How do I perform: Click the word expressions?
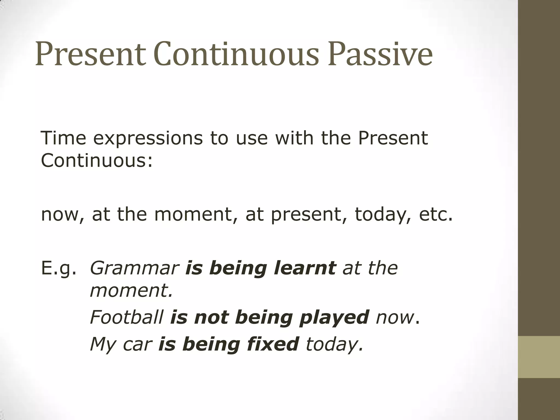(148, 138)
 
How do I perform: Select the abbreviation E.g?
(58, 269)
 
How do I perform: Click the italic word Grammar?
(134, 269)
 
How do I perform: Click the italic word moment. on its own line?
(131, 290)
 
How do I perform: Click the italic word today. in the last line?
(334, 345)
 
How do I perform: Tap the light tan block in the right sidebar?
(539, 357)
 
